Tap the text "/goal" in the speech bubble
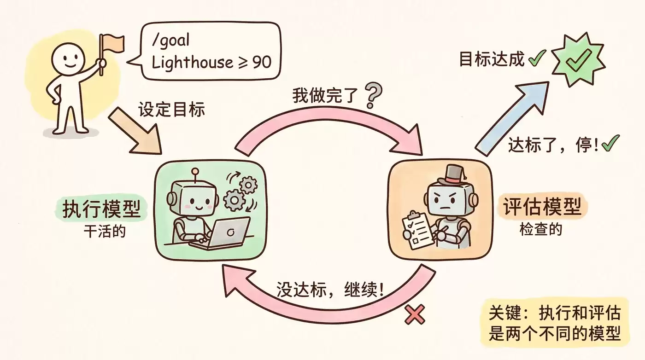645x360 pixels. pyautogui.click(x=170, y=41)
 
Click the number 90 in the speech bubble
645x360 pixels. pyautogui.click(x=262, y=62)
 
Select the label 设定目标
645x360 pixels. pyautogui.click(x=171, y=109)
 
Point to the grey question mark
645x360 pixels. pyautogui.click(x=374, y=96)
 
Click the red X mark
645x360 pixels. pyautogui.click(x=415, y=314)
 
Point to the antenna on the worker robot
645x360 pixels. pyautogui.click(x=196, y=176)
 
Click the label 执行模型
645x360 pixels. pyautogui.click(x=101, y=209)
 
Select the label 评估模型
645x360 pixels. pyautogui.click(x=542, y=207)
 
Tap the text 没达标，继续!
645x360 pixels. pyautogui.click(x=330, y=289)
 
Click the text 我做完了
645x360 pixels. pyautogui.click(x=325, y=95)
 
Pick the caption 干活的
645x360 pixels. pyautogui.click(x=105, y=231)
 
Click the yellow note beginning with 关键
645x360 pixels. pyautogui.click(x=554, y=322)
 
